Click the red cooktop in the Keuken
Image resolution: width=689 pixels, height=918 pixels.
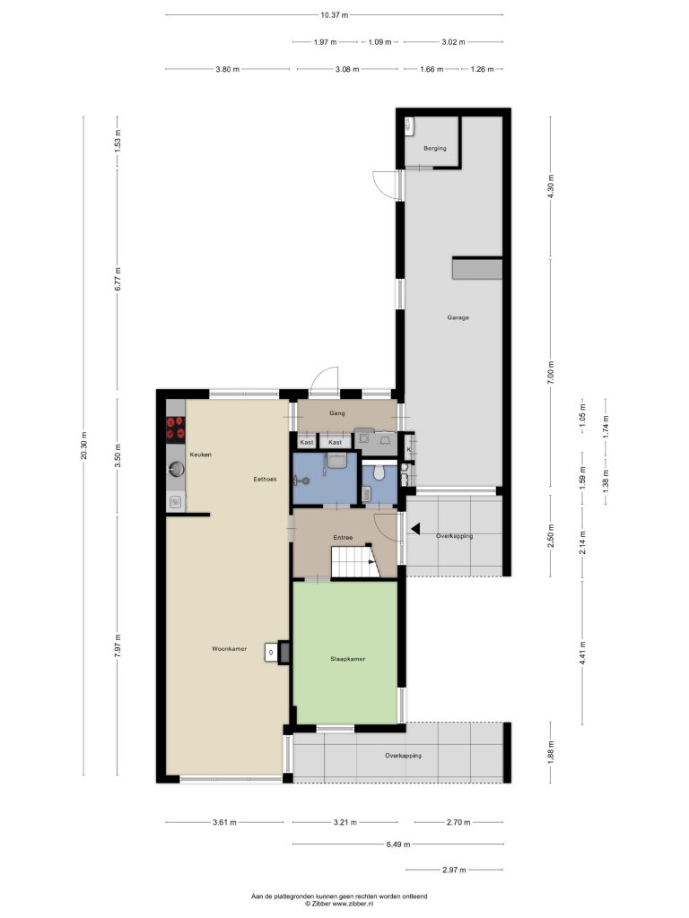[x=176, y=428]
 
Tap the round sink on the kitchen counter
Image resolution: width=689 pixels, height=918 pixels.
[x=176, y=468]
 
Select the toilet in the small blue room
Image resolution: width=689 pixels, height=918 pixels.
[x=379, y=472]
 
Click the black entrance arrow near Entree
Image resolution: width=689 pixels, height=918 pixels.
[x=415, y=529]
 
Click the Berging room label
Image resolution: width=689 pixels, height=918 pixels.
[x=435, y=148]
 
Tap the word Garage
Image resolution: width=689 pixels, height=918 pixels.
[x=458, y=317]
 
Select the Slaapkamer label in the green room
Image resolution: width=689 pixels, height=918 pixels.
[x=347, y=659]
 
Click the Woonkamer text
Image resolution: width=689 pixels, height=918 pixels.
[x=229, y=649]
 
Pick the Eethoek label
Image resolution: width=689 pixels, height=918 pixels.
[x=265, y=479]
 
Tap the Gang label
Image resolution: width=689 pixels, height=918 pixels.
[x=337, y=413]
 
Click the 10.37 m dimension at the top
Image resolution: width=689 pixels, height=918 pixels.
[x=335, y=15]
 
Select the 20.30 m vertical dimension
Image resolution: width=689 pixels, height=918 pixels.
[x=83, y=446]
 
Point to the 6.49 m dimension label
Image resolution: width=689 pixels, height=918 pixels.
[x=397, y=844]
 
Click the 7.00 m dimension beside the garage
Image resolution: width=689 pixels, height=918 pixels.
[x=550, y=373]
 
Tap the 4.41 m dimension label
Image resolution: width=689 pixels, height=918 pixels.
[x=582, y=653]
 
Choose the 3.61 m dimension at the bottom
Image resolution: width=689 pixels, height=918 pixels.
[x=224, y=822]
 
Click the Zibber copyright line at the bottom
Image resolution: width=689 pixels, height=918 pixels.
[x=339, y=904]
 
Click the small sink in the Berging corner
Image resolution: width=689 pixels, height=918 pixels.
[x=408, y=124]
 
